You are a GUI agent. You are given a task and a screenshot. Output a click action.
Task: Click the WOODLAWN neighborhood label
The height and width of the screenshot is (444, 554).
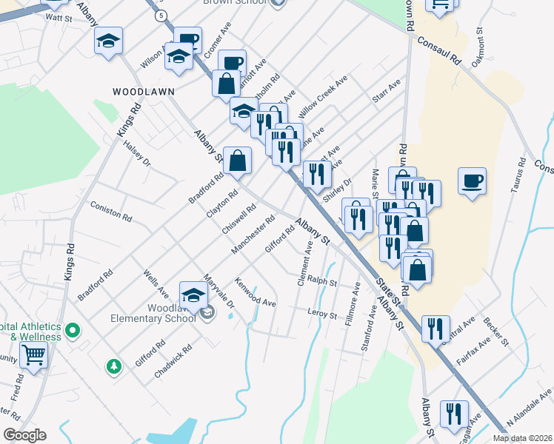[x=143, y=91]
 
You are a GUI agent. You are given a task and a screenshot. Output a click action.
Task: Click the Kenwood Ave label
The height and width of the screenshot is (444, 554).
[x=255, y=292]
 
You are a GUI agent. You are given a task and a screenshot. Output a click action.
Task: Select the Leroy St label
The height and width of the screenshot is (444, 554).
[x=321, y=312]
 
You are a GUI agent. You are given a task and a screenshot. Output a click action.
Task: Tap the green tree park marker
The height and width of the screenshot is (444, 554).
[x=113, y=366]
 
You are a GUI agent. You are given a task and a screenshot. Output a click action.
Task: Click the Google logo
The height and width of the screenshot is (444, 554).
[x=24, y=435]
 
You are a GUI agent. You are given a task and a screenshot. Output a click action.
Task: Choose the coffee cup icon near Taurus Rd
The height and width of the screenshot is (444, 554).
[x=472, y=181]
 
